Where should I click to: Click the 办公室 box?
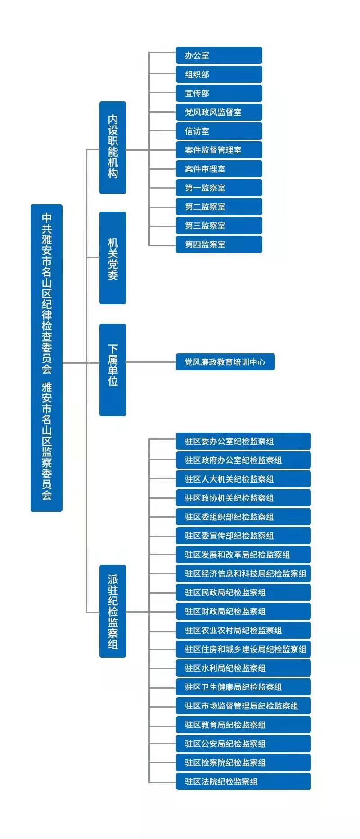coord(219,55)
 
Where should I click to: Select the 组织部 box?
coord(219,74)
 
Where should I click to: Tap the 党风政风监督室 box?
coord(219,112)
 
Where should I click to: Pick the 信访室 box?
coord(219,131)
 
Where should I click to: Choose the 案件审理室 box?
coord(219,169)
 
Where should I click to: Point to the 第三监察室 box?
coord(219,226)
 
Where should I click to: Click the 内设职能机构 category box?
coord(112,148)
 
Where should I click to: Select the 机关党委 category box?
coord(112,258)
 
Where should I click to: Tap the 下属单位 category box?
coord(112,370)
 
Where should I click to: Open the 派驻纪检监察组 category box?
coord(112,611)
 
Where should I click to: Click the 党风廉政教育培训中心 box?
coord(225,362)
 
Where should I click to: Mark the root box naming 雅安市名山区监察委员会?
coord(46,358)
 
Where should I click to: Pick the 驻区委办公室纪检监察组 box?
coord(243,441)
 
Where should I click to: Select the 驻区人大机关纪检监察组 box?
coord(243,479)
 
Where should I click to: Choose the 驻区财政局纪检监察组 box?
coord(243,611)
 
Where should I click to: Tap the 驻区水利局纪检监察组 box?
coord(243,668)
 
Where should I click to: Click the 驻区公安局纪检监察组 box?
coord(243,744)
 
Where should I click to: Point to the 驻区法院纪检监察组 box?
coord(243,781)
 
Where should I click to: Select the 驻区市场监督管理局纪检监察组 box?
coord(243,706)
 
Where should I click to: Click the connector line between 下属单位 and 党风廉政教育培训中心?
coord(151,362)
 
